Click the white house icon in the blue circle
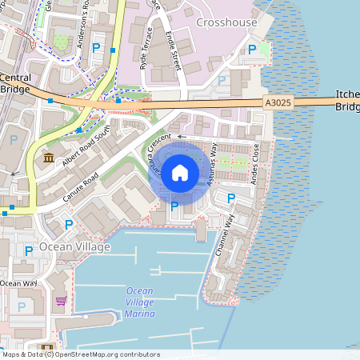tap(180, 172)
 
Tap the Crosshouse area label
tap(226, 22)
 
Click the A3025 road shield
tap(275, 102)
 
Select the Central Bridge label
tap(16, 83)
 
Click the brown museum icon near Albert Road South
tap(49, 158)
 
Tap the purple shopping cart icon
tap(61, 301)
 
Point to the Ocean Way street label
tap(18, 283)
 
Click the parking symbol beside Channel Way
tap(231, 198)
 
